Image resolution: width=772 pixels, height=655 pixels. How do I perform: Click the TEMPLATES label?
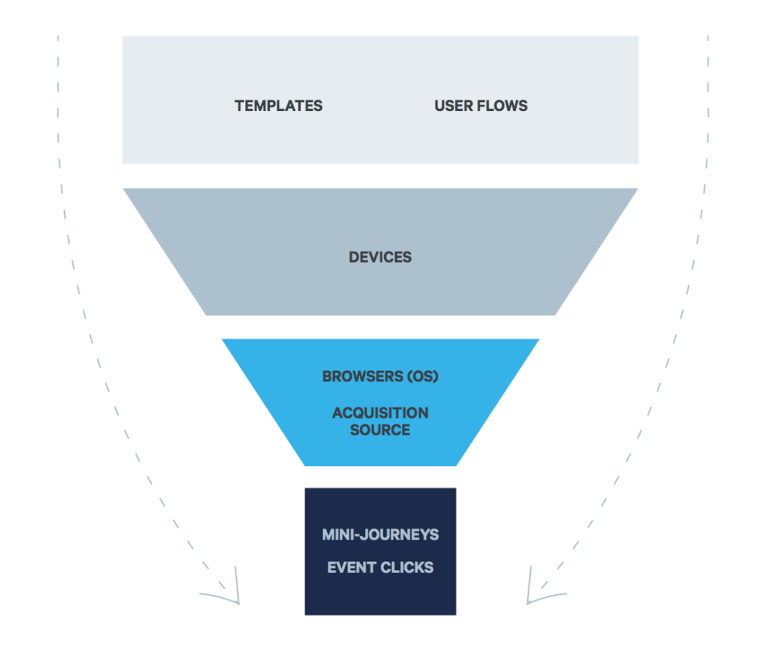tap(278, 106)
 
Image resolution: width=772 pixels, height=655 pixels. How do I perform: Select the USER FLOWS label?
tap(481, 106)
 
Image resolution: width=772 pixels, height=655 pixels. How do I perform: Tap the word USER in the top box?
tap(450, 106)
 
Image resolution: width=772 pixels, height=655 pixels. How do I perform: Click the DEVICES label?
tap(380, 257)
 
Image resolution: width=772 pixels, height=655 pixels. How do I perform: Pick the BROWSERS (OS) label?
tap(380, 377)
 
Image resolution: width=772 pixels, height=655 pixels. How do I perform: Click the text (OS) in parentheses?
tap(422, 377)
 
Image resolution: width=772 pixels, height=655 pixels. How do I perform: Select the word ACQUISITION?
tap(380, 413)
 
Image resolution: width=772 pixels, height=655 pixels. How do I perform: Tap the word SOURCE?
tap(380, 430)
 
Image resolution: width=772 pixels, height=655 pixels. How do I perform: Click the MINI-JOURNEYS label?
tap(380, 534)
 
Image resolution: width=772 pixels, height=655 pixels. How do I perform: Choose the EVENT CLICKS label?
tap(380, 567)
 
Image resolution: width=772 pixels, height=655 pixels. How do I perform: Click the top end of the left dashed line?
tap(58, 38)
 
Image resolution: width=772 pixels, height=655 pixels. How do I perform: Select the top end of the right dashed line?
tap(708, 38)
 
